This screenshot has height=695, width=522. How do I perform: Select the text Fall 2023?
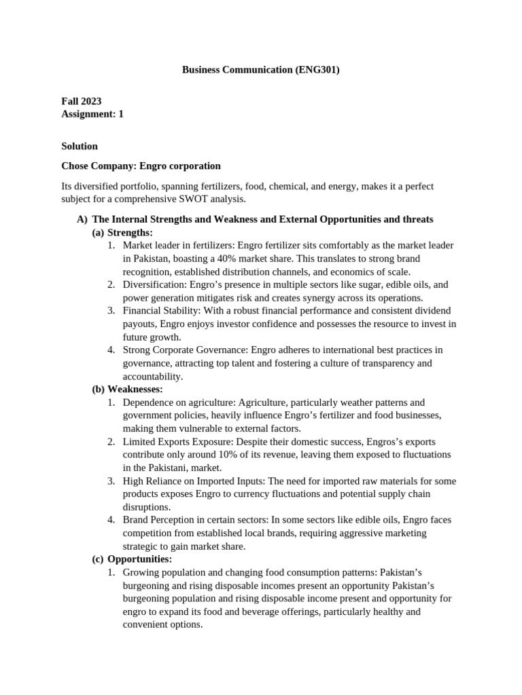click(82, 101)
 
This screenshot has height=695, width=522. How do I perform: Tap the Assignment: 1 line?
click(92, 114)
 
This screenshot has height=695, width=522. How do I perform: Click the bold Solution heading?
click(80, 146)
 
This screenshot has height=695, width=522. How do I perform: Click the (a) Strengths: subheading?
click(122, 233)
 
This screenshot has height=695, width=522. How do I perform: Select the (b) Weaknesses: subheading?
click(127, 390)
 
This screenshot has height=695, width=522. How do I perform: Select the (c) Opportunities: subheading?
click(132, 559)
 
